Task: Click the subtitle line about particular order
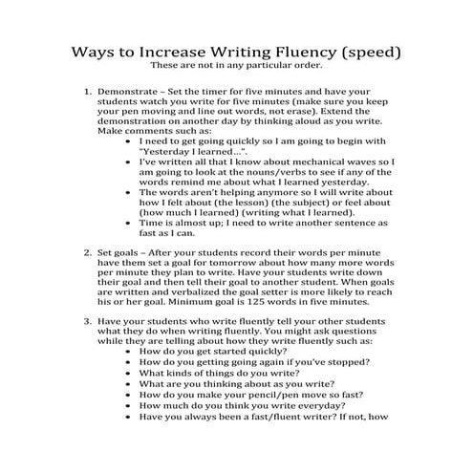tap(237, 66)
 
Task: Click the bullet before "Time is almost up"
tap(129, 223)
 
